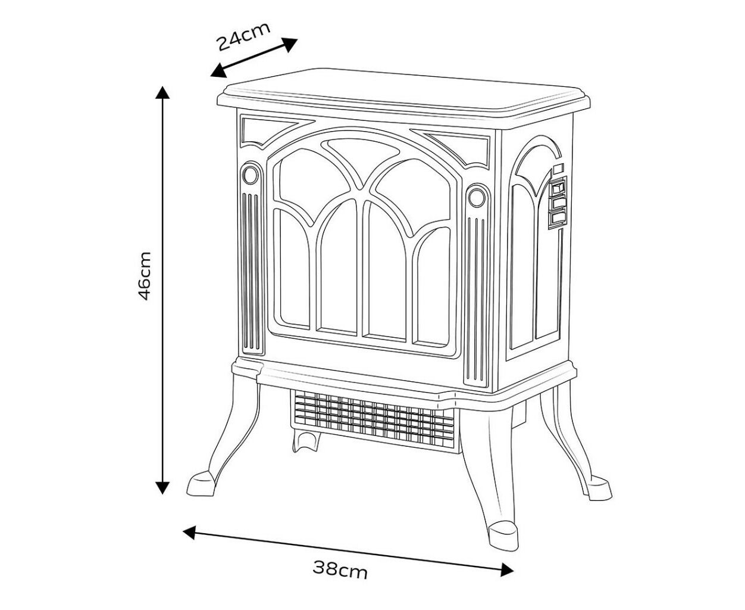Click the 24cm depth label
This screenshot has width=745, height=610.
243,36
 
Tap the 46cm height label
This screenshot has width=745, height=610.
145,276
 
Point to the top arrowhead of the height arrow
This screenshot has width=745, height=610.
162,92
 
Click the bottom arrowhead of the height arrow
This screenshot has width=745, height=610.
162,487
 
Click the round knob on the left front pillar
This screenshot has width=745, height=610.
250,175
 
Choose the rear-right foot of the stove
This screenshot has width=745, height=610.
599,490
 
